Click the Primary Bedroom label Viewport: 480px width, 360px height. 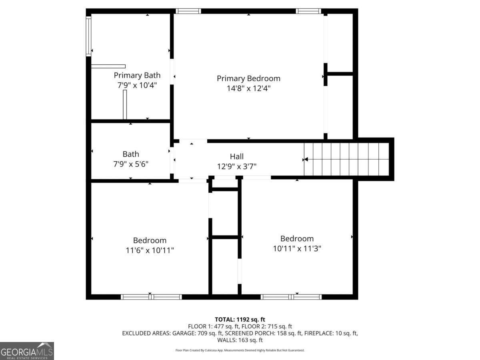(x=248, y=78)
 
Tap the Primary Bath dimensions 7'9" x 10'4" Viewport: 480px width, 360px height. (x=137, y=85)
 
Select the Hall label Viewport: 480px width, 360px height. (x=237, y=156)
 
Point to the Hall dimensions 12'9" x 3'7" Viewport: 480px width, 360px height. (x=237, y=166)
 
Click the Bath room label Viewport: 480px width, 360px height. (x=131, y=154)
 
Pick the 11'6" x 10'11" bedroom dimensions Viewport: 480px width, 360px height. (x=150, y=250)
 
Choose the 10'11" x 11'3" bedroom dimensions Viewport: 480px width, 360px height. (x=297, y=248)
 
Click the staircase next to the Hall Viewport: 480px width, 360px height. (x=347, y=159)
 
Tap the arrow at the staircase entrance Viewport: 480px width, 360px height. (x=305, y=159)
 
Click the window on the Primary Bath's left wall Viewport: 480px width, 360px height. (x=88, y=36)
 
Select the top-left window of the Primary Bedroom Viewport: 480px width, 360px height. (x=188, y=11)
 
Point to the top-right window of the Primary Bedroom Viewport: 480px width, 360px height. (x=308, y=11)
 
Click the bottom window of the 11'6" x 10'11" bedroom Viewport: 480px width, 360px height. (x=151, y=297)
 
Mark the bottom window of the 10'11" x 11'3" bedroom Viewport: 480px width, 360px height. (x=291, y=297)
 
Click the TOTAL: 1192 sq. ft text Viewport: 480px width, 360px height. (x=240, y=320)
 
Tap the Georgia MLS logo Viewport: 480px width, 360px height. (x=27, y=351)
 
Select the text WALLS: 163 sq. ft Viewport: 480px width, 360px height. (x=240, y=340)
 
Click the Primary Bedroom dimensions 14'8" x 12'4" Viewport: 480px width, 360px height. (x=248, y=88)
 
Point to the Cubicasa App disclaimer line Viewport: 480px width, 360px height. (x=240, y=350)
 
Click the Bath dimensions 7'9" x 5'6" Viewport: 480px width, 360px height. (x=131, y=164)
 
